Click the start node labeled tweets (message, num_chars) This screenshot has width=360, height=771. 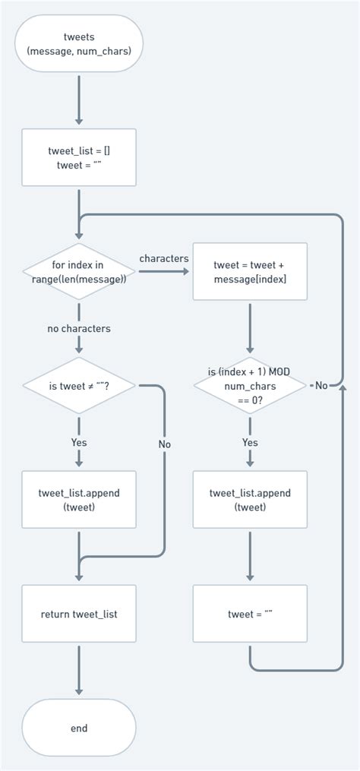[79, 44]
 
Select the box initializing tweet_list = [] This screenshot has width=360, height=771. [79, 157]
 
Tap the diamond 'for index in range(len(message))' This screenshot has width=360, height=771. [79, 271]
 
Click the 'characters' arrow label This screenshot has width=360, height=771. [163, 259]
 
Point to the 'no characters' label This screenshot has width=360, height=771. [79, 329]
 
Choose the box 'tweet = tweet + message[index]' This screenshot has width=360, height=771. [250, 271]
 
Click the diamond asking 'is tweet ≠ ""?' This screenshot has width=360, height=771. [79, 386]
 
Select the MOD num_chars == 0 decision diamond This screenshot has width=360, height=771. [250, 385]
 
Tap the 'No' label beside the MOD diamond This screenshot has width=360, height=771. [321, 386]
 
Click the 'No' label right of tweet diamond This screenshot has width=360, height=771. [165, 444]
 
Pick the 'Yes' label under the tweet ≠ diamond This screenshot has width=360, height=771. [79, 443]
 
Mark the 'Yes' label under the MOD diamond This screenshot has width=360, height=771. [250, 443]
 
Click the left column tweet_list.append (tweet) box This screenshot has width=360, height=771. [79, 500]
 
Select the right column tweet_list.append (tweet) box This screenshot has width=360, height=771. [250, 500]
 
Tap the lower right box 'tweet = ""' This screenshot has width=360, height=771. [250, 614]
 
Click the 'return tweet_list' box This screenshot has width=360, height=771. [79, 614]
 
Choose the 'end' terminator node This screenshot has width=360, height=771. [79, 728]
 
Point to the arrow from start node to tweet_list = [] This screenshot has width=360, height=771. [79, 100]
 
